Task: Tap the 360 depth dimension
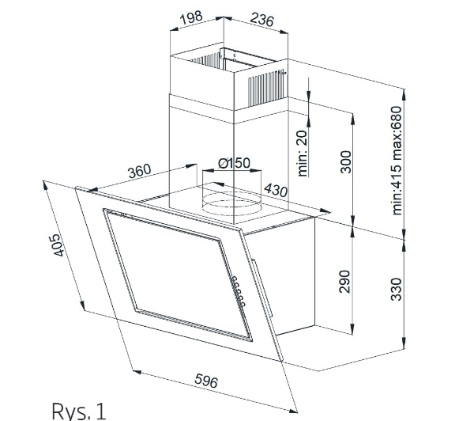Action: click(x=138, y=171)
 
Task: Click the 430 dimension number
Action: click(x=276, y=190)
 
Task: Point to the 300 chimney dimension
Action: click(x=344, y=162)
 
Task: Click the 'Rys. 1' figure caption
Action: click(x=77, y=410)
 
